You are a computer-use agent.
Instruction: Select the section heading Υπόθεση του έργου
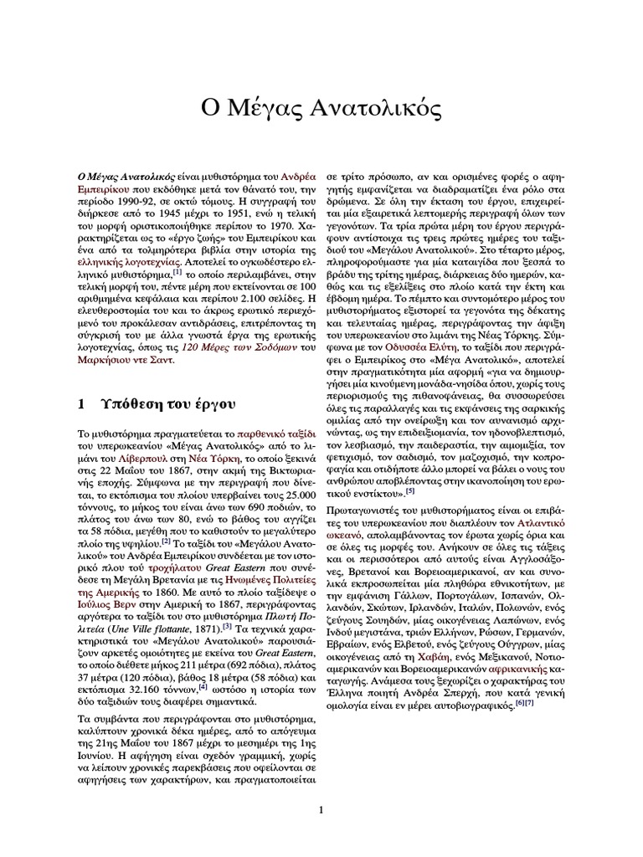point(159,403)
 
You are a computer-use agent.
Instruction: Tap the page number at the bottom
point(321,808)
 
